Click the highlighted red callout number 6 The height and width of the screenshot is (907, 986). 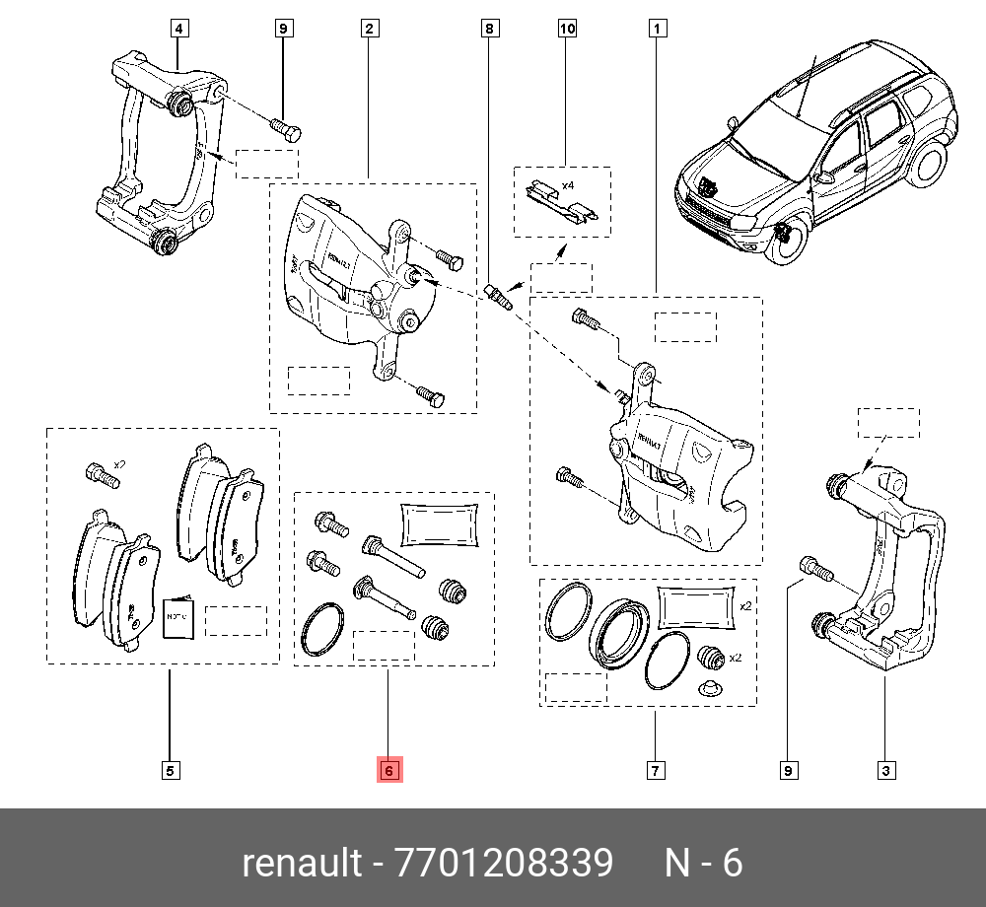pyautogui.click(x=388, y=770)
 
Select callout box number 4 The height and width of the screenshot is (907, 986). pyautogui.click(x=178, y=29)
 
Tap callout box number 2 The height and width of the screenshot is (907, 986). pyautogui.click(x=368, y=29)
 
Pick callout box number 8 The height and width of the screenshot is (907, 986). pyautogui.click(x=488, y=29)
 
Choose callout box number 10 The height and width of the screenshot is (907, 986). pyautogui.click(x=567, y=29)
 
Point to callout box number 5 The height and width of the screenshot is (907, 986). pyautogui.click(x=170, y=770)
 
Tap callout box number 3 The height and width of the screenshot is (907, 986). pyautogui.click(x=886, y=770)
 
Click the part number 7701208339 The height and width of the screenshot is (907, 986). pyautogui.click(x=503, y=864)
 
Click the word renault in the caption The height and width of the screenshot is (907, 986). pyautogui.click(x=302, y=864)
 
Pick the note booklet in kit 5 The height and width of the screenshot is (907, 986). pyautogui.click(x=177, y=617)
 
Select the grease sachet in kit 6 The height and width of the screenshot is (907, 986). pyautogui.click(x=440, y=523)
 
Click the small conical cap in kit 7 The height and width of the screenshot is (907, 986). pyautogui.click(x=707, y=687)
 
